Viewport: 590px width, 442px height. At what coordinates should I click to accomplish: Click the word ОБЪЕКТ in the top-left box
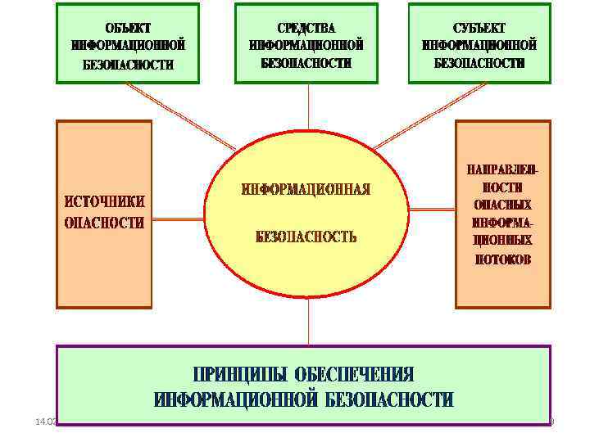click(128, 27)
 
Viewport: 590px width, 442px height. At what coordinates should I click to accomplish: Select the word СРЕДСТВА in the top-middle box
click(306, 27)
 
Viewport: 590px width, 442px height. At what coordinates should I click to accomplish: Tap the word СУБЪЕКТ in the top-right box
click(479, 27)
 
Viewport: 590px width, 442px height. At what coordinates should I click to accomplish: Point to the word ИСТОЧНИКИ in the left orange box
click(105, 201)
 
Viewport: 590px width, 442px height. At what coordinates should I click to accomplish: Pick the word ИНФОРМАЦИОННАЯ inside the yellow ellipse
click(306, 190)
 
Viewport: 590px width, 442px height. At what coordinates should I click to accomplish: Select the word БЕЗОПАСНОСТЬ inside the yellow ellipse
click(306, 237)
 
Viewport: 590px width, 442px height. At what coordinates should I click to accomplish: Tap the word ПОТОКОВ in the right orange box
click(503, 259)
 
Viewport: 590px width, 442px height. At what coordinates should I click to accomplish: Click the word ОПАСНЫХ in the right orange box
click(503, 205)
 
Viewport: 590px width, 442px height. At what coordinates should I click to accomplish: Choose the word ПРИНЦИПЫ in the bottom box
click(240, 375)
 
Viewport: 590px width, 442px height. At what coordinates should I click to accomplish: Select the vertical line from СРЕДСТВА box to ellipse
click(308, 106)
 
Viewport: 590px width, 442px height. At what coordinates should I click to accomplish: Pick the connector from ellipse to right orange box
click(432, 219)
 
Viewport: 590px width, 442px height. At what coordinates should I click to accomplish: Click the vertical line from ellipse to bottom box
click(308, 321)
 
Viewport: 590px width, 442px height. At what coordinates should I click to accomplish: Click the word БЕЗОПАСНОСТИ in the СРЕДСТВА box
click(306, 62)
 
